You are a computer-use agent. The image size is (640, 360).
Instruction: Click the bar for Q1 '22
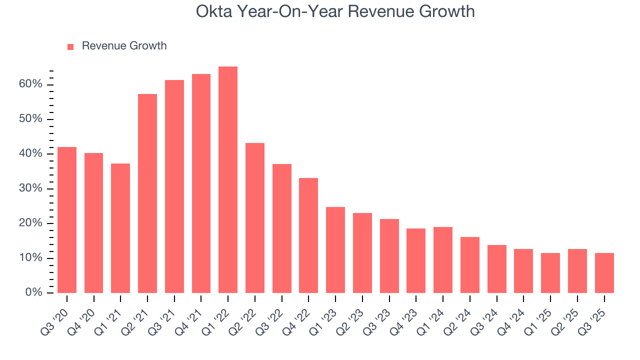pos(228,180)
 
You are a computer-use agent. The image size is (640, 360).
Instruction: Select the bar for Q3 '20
pos(67,220)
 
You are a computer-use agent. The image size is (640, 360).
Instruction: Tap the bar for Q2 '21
pos(147,193)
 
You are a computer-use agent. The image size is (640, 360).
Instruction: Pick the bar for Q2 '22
pos(255,218)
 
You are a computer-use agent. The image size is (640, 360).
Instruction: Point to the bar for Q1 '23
pos(335,250)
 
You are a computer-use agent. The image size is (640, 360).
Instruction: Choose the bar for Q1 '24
pos(443,260)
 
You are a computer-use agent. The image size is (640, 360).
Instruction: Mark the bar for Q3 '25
pos(604,273)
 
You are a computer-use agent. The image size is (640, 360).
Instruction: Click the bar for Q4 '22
pos(308,235)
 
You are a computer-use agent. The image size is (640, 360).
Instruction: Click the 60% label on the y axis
pos(30,84)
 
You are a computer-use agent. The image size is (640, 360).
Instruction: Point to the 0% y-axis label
pos(33,292)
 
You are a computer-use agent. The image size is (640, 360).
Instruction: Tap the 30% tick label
pos(30,188)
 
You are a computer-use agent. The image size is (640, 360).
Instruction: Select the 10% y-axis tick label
pos(30,258)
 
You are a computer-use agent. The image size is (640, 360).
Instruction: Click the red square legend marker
pos(70,46)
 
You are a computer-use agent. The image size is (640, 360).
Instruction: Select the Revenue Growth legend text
pos(124,46)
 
